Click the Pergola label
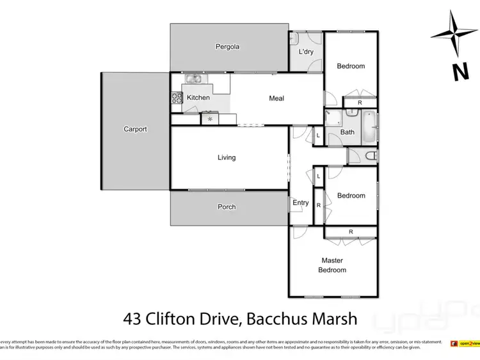click(x=227, y=47)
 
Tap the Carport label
click(x=135, y=129)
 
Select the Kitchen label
click(x=198, y=98)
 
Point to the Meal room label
click(x=276, y=98)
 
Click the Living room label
click(x=227, y=157)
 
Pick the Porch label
click(x=227, y=207)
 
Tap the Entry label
click(x=301, y=203)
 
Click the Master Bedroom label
click(x=333, y=265)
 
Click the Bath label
click(x=348, y=132)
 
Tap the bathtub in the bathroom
click(x=369, y=127)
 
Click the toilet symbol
click(x=367, y=155)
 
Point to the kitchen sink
click(x=194, y=79)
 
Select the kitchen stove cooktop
click(x=177, y=98)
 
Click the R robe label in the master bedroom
click(x=351, y=231)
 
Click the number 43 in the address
click(x=132, y=318)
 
